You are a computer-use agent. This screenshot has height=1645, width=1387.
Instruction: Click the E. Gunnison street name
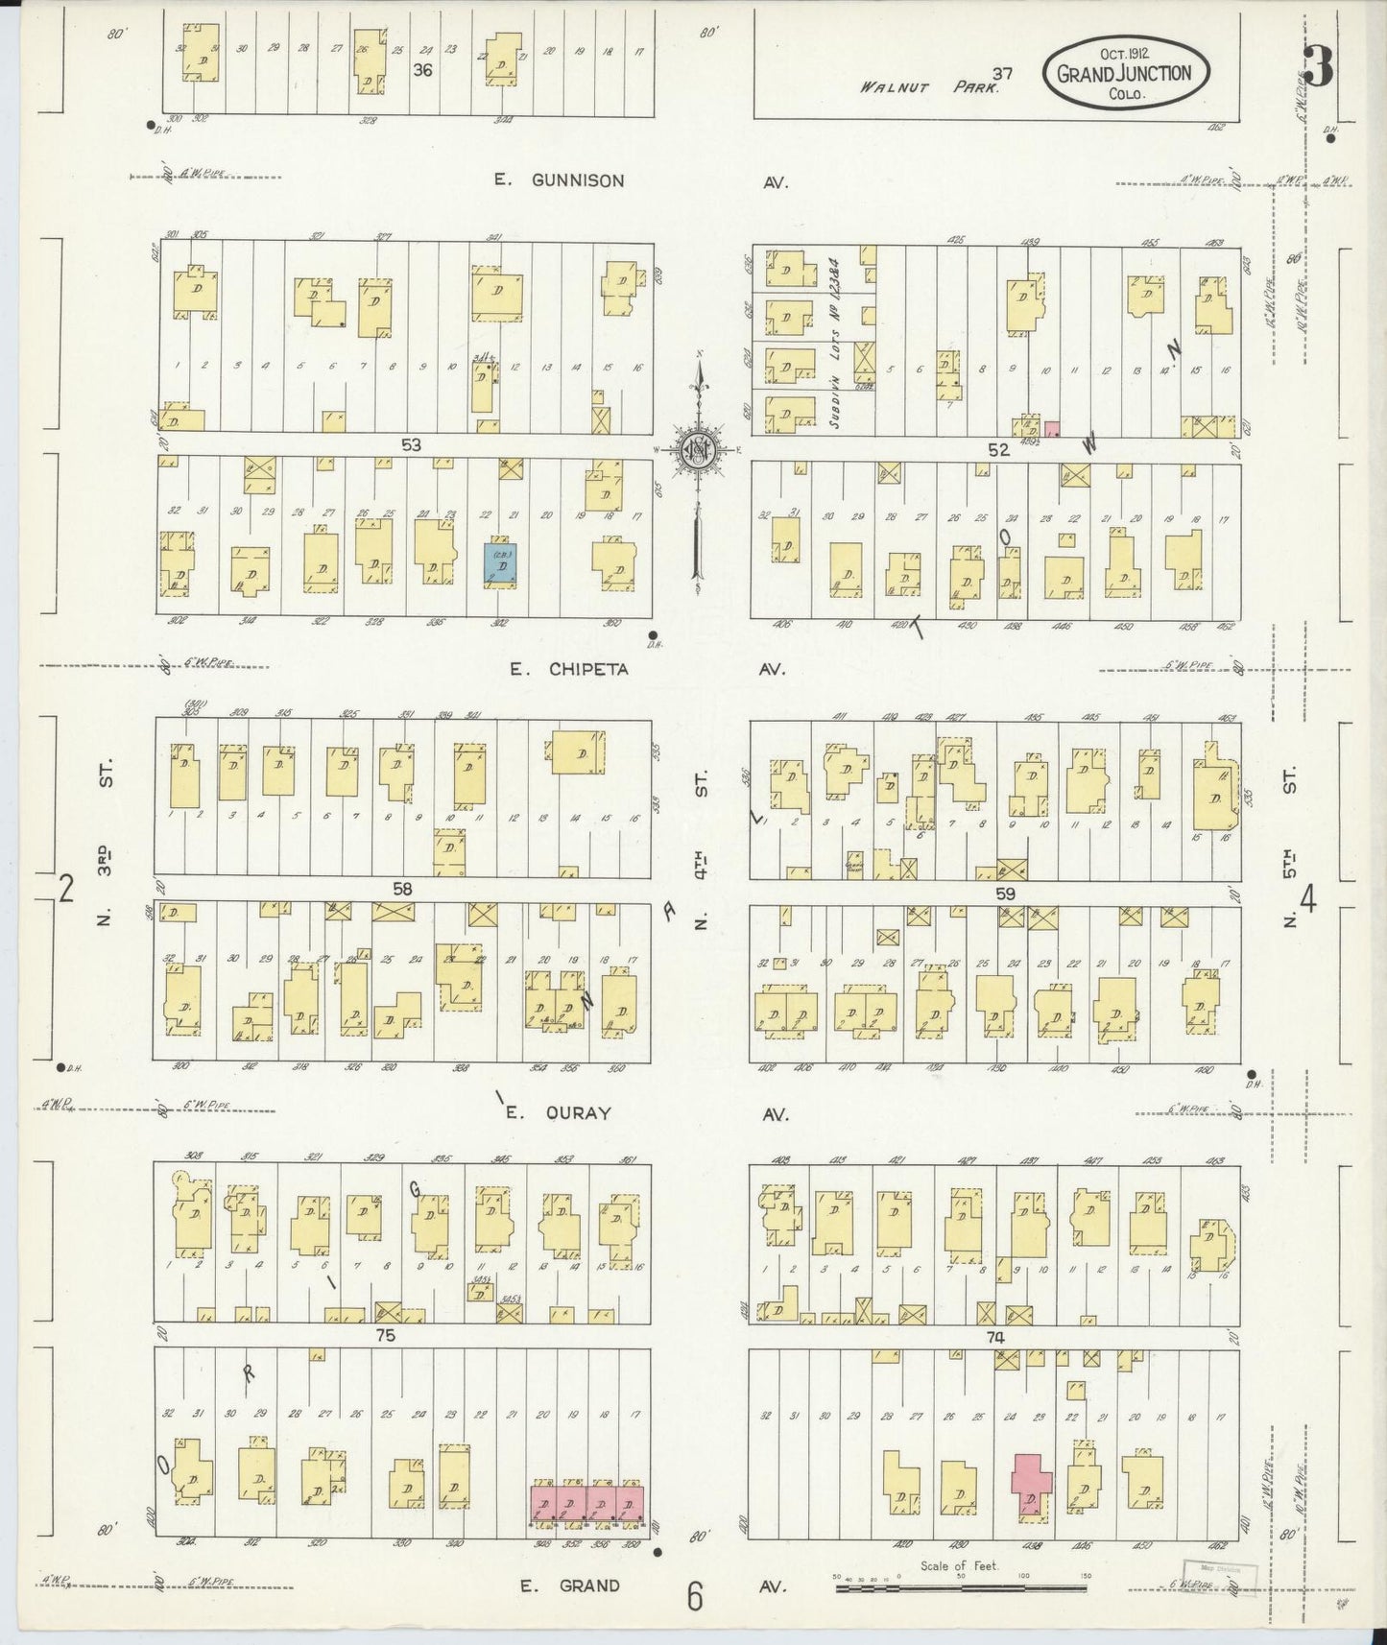click(559, 179)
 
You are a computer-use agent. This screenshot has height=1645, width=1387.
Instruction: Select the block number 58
click(401, 889)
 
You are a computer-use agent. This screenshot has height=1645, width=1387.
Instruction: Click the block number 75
click(386, 1335)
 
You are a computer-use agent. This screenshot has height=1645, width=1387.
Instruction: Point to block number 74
click(993, 1337)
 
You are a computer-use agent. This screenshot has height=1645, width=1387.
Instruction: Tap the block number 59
click(1005, 893)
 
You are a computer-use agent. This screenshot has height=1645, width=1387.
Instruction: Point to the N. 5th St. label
click(1289, 846)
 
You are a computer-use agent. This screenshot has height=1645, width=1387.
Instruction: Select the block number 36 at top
click(422, 69)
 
